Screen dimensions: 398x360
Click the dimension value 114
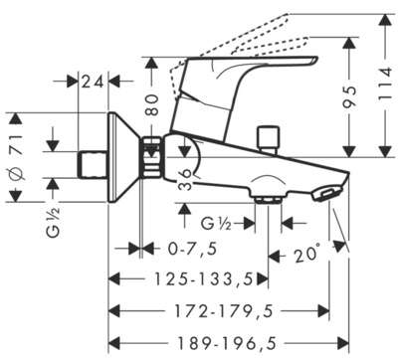point(386,84)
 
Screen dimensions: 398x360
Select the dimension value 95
point(349,95)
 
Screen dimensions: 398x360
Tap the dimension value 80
point(151,104)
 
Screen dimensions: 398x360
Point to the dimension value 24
point(94,82)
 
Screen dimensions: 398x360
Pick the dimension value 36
point(186,179)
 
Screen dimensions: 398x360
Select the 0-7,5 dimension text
point(192,249)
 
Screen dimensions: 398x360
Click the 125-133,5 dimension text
point(204,279)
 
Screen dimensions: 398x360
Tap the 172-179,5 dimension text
point(224,311)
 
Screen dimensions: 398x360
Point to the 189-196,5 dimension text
point(227,343)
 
